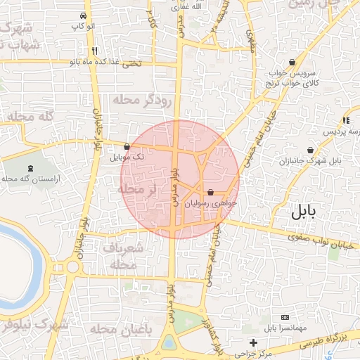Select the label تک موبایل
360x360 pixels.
point(127,157)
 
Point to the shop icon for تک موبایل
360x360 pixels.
point(127,146)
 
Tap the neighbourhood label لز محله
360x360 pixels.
point(137,190)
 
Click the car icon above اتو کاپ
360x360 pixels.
point(84,15)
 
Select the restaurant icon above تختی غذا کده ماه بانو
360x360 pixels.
point(94,51)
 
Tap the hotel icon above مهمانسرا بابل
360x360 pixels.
point(284,318)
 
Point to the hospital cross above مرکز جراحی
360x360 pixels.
point(254,342)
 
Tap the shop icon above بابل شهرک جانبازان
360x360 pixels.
point(310,150)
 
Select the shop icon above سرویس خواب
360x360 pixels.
point(292,62)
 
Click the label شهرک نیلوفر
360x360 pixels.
point(35,325)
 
